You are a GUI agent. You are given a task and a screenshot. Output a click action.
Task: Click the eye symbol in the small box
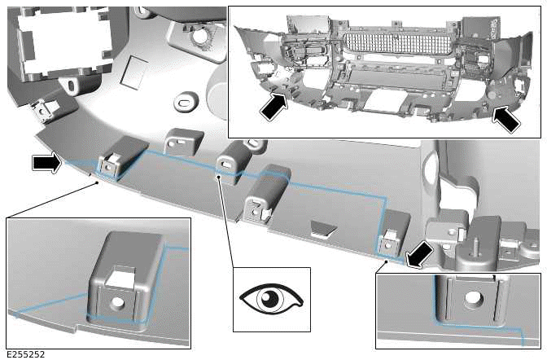coord(271,299)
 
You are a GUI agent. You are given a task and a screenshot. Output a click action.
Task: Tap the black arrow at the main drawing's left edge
coord(46,164)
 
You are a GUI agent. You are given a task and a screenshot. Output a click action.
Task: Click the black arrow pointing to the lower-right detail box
coord(419,253)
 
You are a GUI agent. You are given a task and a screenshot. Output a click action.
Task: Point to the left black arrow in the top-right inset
coord(274,106)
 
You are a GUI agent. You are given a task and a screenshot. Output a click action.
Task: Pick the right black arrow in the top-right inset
coord(507,119)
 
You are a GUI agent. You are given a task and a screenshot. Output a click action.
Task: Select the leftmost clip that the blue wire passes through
coord(109,162)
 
